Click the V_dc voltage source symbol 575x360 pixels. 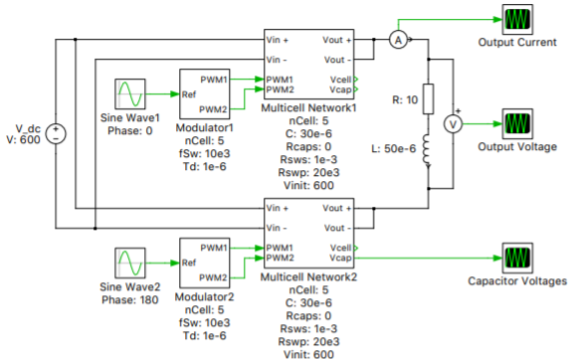[57, 133]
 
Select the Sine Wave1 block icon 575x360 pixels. [131, 94]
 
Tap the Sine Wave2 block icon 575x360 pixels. [131, 263]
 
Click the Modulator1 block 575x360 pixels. [205, 92]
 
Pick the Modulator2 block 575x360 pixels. [205, 262]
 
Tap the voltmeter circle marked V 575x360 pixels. [453, 125]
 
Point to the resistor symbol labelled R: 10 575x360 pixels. [429, 98]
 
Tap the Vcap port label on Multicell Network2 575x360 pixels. [339, 257]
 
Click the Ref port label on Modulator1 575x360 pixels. [191, 94]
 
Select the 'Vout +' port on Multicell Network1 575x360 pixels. [336, 40]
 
